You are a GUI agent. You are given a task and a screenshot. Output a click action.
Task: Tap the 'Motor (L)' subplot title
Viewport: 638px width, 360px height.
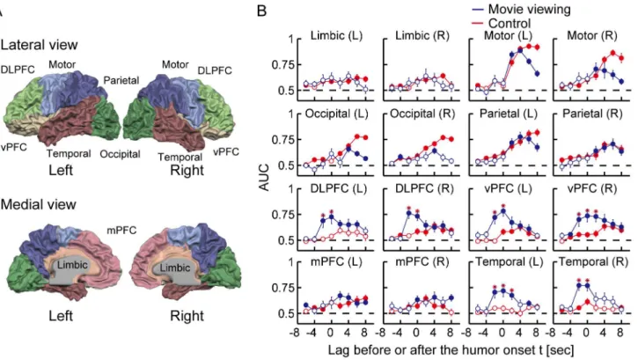pos(508,36)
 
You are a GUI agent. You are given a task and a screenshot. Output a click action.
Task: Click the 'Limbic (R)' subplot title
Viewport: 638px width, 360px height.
pos(422,36)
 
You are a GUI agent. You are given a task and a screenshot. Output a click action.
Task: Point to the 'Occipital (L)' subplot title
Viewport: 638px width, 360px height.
pos(336,114)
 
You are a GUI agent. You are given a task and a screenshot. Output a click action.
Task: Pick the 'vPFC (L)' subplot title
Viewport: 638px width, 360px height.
pos(509,188)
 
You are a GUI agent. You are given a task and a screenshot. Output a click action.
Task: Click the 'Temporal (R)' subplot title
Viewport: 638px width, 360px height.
pos(593,262)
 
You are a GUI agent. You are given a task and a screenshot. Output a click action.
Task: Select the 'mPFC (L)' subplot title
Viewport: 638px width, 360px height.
pos(336,262)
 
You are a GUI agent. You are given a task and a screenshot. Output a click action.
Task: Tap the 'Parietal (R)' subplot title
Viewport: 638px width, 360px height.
pos(592,114)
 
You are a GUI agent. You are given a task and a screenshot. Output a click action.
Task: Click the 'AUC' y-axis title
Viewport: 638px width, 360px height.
pos(264,177)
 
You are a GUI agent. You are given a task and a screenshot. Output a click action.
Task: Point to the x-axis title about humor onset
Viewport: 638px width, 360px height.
pos(451,349)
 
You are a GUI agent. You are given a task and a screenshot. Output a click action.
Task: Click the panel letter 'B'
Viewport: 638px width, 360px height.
pos(261,11)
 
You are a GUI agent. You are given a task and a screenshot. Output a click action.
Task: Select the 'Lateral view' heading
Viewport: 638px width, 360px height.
pos(39,45)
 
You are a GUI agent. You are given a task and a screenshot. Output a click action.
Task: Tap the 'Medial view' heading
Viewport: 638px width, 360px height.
pos(38,204)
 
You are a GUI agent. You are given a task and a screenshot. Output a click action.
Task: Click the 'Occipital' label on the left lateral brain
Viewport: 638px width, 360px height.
pos(120,154)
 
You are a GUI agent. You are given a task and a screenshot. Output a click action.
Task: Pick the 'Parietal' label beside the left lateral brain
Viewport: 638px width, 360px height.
pos(121,80)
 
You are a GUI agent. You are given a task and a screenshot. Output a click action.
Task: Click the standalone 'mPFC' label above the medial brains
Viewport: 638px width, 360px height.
pos(121,231)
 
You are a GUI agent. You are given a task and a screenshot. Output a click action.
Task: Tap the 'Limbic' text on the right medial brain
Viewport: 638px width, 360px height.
pos(175,268)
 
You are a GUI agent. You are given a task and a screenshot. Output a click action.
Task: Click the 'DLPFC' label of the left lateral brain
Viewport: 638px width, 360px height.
pos(18,70)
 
